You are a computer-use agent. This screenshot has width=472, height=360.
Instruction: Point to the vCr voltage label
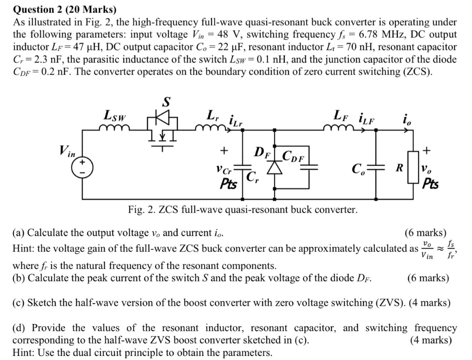coord(224,170)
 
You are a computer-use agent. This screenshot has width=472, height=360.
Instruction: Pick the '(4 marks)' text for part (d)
coord(430,340)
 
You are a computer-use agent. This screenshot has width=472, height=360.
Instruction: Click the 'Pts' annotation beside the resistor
coord(430,183)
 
